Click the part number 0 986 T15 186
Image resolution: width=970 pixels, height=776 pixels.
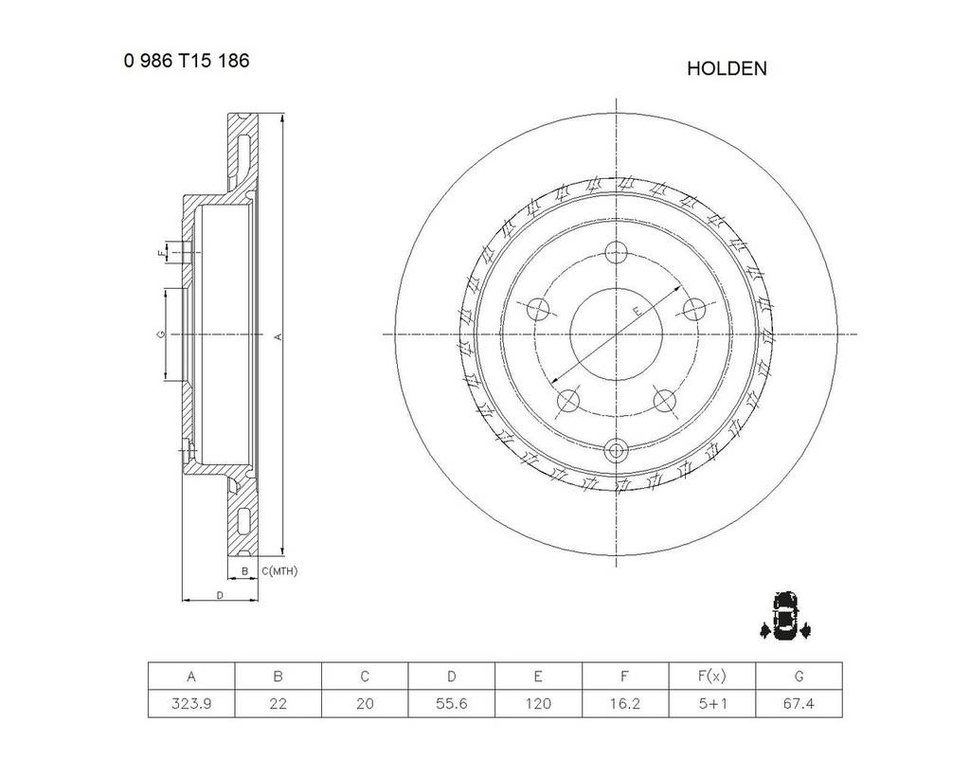pos(186,61)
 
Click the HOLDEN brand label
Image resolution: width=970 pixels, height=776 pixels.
pos(727,68)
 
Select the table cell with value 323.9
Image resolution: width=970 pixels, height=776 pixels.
pos(191,704)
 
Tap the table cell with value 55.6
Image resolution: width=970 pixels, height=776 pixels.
pos(452,704)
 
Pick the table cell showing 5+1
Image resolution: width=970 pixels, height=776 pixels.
pos(711,704)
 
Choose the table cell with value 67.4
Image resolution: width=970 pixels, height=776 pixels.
pos(799,704)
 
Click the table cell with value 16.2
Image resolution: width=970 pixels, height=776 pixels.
pos(625,704)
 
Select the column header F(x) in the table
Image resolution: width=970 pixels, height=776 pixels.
pos(711,676)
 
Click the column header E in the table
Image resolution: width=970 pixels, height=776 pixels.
pos(538,676)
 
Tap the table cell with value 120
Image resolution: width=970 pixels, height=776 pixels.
pos(538,704)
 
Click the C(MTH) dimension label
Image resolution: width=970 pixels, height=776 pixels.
pos(279,570)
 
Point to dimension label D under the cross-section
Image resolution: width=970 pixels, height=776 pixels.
pos(219,595)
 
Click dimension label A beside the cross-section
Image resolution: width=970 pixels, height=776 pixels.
pos(278,335)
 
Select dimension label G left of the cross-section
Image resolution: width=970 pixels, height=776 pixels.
pos(162,334)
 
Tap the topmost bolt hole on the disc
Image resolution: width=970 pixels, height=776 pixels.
pos(617,252)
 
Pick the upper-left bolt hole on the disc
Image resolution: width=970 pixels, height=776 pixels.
pos(538,309)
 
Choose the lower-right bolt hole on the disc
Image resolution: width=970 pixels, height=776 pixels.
pos(665,401)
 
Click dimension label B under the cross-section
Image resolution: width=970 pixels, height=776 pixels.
pos(244,570)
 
